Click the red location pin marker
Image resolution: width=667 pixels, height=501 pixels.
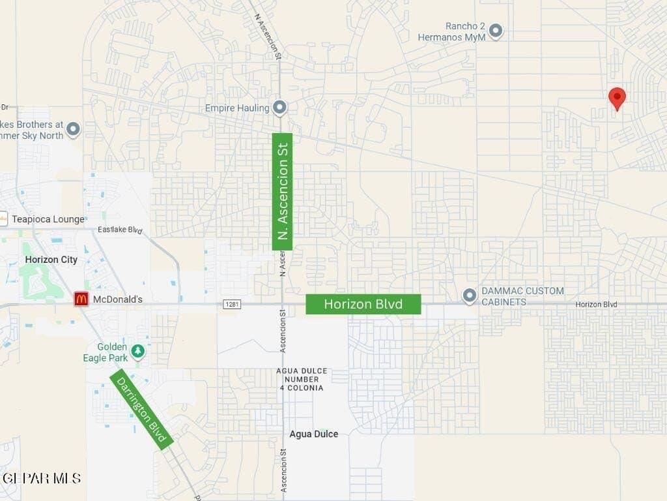point(617,99)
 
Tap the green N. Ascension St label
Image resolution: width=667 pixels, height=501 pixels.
point(282,191)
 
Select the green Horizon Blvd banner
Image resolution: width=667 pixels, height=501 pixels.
point(363,304)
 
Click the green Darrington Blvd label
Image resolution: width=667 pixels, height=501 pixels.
point(141,409)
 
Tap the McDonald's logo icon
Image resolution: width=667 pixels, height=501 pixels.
point(81,299)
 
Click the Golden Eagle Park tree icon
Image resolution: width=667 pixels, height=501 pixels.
point(137,352)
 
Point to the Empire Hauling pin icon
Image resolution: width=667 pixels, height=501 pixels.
point(279,107)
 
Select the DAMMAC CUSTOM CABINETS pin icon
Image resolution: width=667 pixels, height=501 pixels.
point(470,296)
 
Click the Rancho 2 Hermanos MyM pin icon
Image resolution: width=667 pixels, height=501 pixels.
point(496,31)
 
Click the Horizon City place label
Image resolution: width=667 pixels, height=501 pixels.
point(51,260)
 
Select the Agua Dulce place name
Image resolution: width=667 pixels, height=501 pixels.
point(314,434)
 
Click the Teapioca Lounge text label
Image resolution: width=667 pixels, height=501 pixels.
point(48,219)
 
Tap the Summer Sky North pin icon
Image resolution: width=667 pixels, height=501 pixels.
point(73,129)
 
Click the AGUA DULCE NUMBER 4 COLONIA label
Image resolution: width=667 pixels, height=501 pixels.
point(302,379)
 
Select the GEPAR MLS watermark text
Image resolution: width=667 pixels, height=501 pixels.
point(40,478)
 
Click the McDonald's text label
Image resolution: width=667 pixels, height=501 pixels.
point(117,299)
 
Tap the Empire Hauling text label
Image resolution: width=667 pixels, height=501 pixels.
point(237,108)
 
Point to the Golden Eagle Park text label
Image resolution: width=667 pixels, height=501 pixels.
point(105,352)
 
